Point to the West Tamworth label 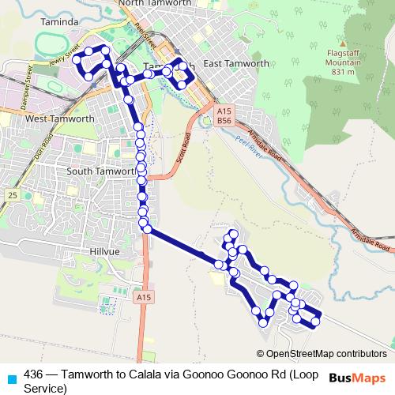60,118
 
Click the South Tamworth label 101,171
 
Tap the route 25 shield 10,194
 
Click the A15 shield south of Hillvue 142,298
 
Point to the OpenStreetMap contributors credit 325,354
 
